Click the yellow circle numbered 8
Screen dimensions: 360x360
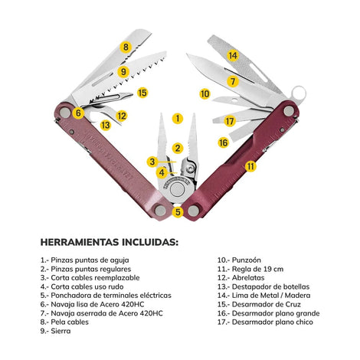[126, 47]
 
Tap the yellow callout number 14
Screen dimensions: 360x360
[233, 55]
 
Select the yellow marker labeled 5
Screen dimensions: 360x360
[178, 211]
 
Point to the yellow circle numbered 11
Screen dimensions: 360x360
[250, 166]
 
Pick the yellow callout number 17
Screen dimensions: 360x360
[230, 121]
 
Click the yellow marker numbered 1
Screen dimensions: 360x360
[178, 118]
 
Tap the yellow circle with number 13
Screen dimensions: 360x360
[105, 125]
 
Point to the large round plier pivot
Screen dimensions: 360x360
[177, 190]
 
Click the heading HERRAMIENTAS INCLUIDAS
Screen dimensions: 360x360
[110, 242]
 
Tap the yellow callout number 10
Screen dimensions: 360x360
[205, 93]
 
